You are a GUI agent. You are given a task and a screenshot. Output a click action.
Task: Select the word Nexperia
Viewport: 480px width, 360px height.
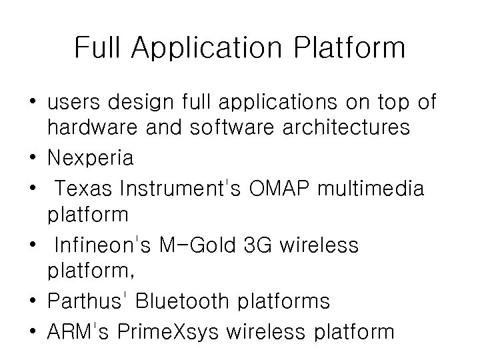tap(90, 158)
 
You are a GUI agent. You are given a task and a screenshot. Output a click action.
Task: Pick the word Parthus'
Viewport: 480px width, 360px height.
tap(86, 301)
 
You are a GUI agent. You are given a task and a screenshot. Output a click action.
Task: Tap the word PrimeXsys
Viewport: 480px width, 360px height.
tap(170, 331)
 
